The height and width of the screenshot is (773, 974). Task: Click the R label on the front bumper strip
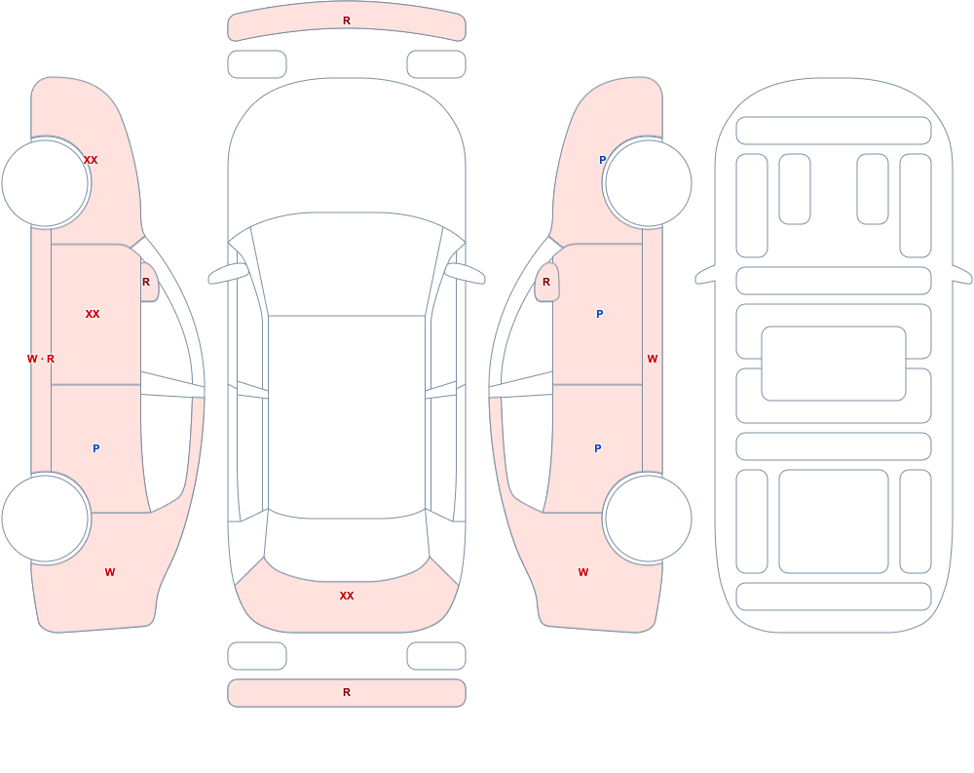click(x=347, y=20)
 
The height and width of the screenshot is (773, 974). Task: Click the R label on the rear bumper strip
click(x=347, y=692)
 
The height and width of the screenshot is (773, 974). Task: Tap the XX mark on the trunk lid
click(x=347, y=596)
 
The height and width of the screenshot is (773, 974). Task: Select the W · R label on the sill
click(x=41, y=359)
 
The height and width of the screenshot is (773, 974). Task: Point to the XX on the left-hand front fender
click(x=91, y=160)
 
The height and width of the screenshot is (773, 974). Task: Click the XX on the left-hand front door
click(x=93, y=314)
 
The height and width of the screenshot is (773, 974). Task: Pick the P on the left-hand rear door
click(x=95, y=448)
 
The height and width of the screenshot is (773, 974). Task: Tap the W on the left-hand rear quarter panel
click(x=110, y=572)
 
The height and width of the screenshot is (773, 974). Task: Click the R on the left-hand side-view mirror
click(x=146, y=282)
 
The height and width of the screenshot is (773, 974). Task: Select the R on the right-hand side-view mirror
click(x=546, y=282)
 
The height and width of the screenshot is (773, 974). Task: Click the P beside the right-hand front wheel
click(x=602, y=160)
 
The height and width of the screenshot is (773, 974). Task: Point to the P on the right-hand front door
click(x=599, y=314)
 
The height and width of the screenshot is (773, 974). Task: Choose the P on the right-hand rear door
click(x=598, y=448)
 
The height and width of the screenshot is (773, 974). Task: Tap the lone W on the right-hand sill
click(x=653, y=359)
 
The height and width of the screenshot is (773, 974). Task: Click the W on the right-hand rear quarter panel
click(x=583, y=572)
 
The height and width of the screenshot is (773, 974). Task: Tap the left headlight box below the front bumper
click(x=257, y=64)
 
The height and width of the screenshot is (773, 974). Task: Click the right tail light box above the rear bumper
click(x=436, y=656)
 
